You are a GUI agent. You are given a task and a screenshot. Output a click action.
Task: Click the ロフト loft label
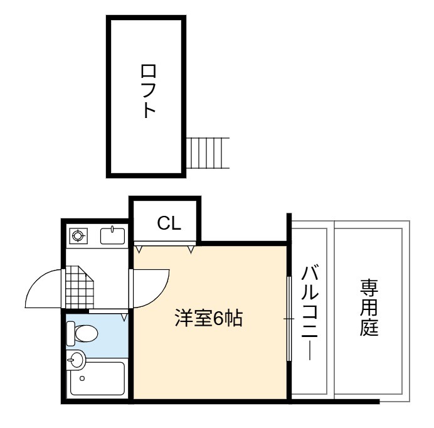149,91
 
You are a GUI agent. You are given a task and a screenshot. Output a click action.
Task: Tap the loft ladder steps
208,152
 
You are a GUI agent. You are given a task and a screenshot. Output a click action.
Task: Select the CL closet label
169,223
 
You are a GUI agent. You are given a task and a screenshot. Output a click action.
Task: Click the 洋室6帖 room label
209,318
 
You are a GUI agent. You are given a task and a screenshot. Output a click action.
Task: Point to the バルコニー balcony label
309,313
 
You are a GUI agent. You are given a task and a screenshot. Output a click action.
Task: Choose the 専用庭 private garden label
369,308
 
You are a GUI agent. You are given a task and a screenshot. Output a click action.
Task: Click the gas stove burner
78,236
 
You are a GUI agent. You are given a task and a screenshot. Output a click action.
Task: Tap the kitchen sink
112,236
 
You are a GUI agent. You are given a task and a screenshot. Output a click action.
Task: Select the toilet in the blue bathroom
82,333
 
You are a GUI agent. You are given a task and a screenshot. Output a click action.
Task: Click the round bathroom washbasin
75,360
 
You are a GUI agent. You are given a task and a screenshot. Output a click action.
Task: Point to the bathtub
97,378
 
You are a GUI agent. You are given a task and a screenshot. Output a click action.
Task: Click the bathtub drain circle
82,378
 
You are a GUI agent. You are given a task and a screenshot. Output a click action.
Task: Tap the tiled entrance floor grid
80,287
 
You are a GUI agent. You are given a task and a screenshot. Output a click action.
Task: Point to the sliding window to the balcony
289,319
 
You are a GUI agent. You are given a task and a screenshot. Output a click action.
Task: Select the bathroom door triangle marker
125,318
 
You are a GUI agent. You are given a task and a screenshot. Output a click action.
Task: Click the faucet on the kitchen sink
112,229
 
